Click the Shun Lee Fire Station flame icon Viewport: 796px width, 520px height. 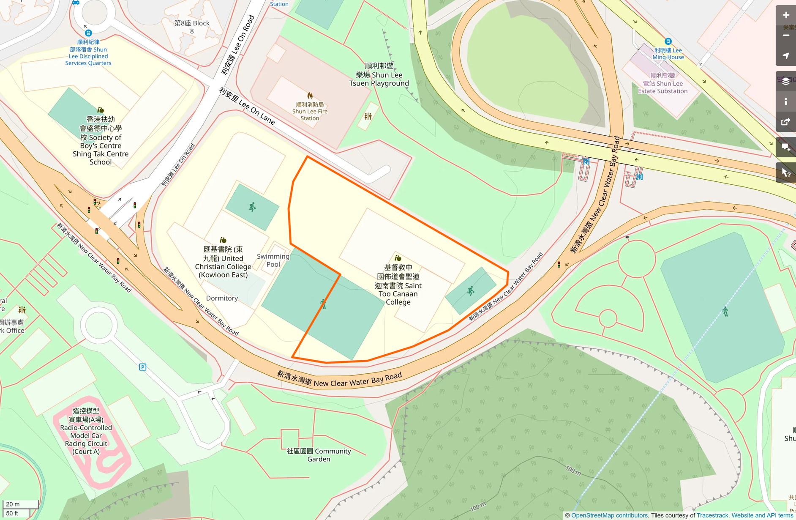[x=310, y=96]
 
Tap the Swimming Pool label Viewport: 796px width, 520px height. [x=273, y=260]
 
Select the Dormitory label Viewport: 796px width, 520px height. [x=222, y=298]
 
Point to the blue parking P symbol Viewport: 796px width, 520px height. [x=143, y=367]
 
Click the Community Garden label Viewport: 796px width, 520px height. [x=319, y=455]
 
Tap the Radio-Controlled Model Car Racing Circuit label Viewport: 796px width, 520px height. [x=86, y=431]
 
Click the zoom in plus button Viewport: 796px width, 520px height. [x=786, y=15]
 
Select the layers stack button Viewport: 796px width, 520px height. [x=786, y=81]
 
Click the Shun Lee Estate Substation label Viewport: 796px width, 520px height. [x=662, y=83]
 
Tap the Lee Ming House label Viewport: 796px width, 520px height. [x=668, y=54]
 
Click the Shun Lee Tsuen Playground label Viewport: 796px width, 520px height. [x=379, y=75]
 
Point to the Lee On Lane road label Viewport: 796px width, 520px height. [x=247, y=106]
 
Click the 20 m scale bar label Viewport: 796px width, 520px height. [x=13, y=504]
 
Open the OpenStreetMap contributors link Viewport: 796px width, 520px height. [x=609, y=515]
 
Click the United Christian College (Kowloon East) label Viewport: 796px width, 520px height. [x=223, y=262]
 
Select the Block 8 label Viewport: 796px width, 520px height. [x=192, y=27]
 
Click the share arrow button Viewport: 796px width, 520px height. [x=786, y=122]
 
